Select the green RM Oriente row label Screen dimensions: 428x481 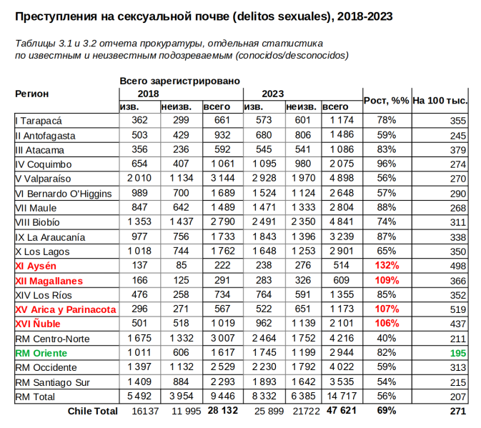pyautogui.click(x=41, y=353)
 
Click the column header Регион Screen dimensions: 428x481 pyautogui.click(x=32, y=94)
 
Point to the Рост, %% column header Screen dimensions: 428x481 pyautogui.click(x=387, y=101)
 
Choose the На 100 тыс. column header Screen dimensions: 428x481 pyautogui.click(x=440, y=101)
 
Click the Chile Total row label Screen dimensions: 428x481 pyautogui.click(x=92, y=412)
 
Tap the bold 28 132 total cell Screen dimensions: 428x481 pyautogui.click(x=223, y=412)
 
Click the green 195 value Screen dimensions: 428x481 pyautogui.click(x=457, y=353)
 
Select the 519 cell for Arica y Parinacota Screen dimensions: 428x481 pyautogui.click(x=457, y=309)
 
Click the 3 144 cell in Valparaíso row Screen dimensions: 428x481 pyautogui.click(x=224, y=179)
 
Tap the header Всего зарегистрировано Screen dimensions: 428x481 pyautogui.click(x=179, y=81)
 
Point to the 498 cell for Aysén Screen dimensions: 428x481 pyautogui.click(x=457, y=266)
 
